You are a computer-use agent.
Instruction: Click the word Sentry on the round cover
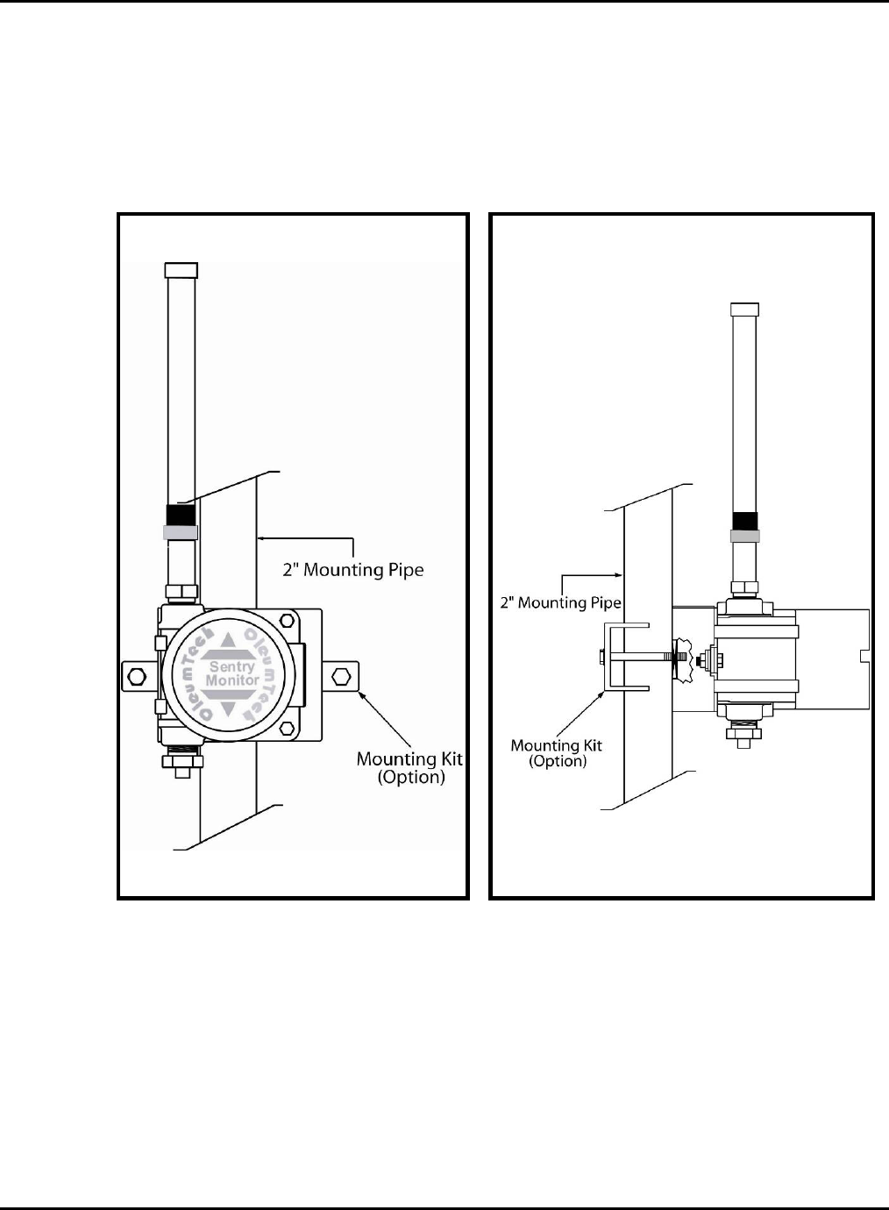231,667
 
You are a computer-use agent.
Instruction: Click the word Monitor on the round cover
231,680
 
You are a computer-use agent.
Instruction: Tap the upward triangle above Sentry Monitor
230,641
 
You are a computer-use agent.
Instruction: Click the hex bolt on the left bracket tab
137,676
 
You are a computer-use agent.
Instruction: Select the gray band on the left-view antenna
181,532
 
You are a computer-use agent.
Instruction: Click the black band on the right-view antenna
743,521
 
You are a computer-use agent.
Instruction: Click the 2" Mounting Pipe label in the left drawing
352,570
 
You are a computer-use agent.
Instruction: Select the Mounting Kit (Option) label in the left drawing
409,768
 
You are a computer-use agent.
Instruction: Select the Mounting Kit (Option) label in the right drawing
557,753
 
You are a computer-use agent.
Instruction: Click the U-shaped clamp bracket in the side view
624,658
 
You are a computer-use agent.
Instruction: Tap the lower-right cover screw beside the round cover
288,728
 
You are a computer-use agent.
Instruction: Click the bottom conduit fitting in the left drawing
182,758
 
